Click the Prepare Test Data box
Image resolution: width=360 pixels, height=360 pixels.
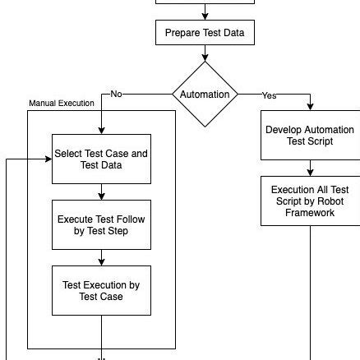tap(205, 33)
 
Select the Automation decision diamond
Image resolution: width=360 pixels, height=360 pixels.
tap(205, 95)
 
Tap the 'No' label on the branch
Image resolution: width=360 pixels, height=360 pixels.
tap(116, 95)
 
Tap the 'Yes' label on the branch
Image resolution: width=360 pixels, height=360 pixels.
tap(269, 95)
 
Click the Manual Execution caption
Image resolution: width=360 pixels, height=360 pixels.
tap(61, 104)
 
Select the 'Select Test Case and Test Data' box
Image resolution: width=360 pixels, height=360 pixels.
tap(101, 158)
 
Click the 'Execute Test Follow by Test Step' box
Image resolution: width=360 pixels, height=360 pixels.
tap(101, 225)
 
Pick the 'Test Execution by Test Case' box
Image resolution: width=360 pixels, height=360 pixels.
tap(101, 290)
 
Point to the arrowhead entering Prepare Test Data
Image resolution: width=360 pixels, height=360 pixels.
tap(205, 14)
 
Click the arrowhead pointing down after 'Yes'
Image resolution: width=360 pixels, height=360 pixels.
tap(310, 106)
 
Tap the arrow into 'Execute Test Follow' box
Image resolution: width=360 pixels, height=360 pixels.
tap(101, 195)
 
